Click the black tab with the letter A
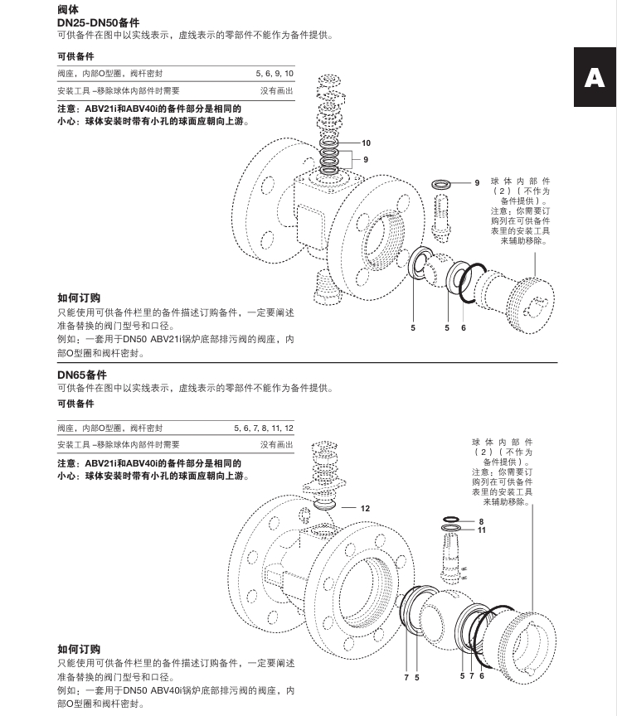[x=594, y=77]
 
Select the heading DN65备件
[x=82, y=375]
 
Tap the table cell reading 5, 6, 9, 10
[x=274, y=75]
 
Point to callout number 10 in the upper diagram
[x=366, y=143]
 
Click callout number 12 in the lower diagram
[x=365, y=507]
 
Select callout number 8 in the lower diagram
[x=481, y=521]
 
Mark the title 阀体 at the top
[x=68, y=9]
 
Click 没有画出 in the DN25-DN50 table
[x=276, y=91]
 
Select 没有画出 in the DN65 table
[x=276, y=445]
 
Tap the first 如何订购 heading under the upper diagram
[x=79, y=298]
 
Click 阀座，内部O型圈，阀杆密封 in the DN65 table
[x=109, y=428]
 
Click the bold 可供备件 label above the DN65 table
[x=75, y=404]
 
